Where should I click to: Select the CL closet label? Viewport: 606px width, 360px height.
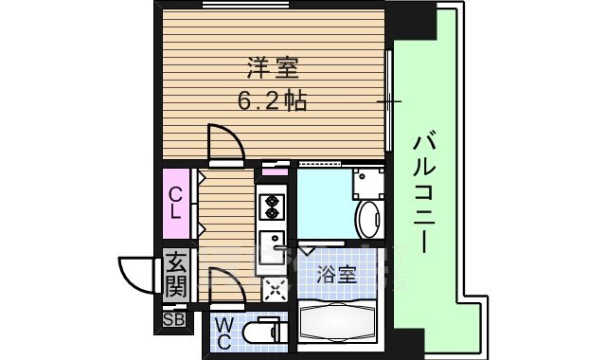click(176, 204)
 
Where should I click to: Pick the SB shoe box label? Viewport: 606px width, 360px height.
click(174, 318)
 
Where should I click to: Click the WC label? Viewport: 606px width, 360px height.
click(223, 334)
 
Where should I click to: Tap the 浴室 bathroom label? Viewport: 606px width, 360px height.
click(338, 275)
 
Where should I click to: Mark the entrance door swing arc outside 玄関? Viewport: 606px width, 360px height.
click(135, 272)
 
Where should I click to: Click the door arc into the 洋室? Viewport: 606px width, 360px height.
click(224, 144)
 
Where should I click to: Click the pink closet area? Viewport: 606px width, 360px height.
click(177, 204)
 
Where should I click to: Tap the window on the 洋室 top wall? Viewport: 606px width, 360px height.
click(246, 6)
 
